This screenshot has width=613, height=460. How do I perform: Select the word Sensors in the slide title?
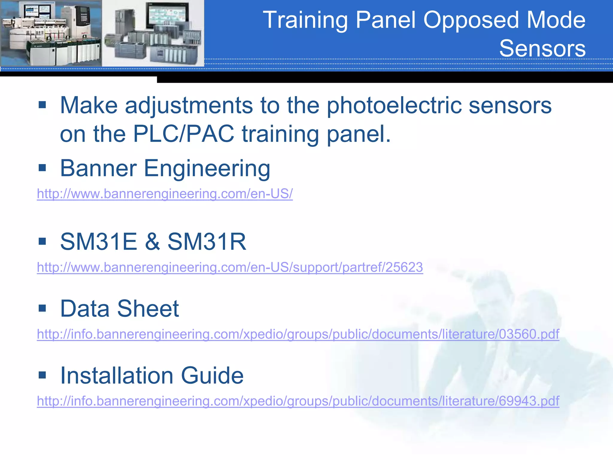point(542,49)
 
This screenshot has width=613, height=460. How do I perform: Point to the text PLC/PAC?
point(183,134)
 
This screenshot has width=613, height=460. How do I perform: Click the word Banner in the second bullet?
point(98,168)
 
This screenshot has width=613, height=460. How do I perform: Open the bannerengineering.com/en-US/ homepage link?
point(165,194)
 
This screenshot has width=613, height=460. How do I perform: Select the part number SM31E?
point(98,241)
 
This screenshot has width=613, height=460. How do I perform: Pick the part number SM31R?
point(207,241)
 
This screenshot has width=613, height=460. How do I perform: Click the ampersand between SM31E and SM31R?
point(152,242)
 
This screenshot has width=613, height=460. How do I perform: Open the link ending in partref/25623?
point(230,267)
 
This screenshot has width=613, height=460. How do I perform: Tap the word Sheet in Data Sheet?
point(148,308)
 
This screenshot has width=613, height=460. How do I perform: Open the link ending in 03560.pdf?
point(298,334)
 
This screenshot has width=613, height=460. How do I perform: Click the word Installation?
point(117,376)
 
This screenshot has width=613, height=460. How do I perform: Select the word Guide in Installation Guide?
point(212,376)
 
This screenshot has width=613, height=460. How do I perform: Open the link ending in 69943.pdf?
point(298,401)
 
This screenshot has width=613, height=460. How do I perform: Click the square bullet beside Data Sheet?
point(42,308)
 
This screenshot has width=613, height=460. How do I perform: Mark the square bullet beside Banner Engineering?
point(42,168)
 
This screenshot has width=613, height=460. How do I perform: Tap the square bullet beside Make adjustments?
point(42,105)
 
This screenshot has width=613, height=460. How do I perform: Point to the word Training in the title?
point(305,20)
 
